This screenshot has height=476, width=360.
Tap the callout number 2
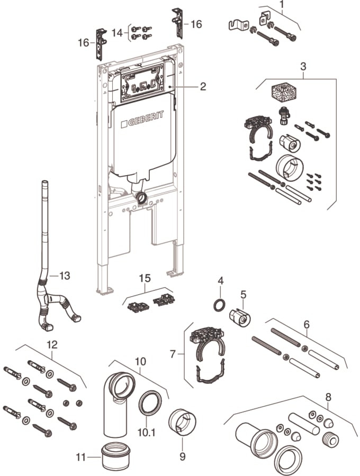click(203, 86)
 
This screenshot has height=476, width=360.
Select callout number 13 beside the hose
click(64, 276)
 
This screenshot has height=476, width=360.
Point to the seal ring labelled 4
click(219, 306)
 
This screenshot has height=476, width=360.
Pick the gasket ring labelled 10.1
click(150, 403)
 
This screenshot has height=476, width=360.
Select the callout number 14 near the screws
click(118, 32)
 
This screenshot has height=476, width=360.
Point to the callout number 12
click(52, 344)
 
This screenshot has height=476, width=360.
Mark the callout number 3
click(303, 67)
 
